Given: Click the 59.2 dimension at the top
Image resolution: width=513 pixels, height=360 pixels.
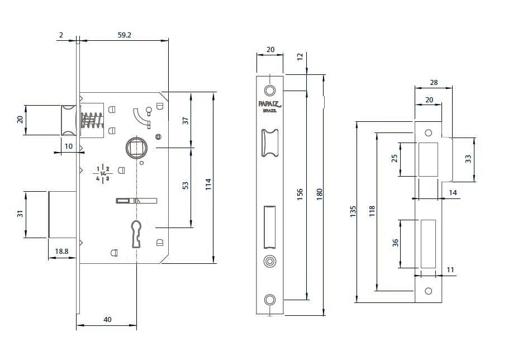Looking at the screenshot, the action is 124,35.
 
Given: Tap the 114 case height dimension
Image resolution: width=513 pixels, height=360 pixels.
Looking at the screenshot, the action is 208,184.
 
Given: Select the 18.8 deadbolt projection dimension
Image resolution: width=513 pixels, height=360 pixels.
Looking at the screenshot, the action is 61,252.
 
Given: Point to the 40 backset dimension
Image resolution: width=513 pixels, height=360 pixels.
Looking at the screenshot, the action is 107,319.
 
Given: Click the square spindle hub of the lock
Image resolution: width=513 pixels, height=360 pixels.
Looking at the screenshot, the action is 136,148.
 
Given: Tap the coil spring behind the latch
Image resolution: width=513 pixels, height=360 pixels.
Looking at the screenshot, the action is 92,120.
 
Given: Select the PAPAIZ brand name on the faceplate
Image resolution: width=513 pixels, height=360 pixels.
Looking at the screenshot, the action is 270,104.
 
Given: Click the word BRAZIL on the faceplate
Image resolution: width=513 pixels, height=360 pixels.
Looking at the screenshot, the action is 270,111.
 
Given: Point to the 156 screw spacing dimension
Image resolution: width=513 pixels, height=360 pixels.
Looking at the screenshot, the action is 300,195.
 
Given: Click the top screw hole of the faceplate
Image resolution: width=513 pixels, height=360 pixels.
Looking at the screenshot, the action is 270,91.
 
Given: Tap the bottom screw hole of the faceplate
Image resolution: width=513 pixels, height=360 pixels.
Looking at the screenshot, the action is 270,300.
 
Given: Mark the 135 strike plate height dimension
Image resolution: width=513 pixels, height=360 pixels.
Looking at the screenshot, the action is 353,211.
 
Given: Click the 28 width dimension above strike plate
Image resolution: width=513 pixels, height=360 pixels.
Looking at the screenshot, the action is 434,83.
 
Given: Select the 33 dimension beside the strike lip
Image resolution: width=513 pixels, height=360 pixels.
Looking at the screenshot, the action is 468,159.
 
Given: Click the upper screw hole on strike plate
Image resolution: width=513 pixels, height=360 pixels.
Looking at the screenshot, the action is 428,132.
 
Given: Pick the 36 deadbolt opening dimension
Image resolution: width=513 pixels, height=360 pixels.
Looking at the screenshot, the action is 395,243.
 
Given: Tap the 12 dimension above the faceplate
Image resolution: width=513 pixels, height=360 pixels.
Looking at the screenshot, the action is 300,56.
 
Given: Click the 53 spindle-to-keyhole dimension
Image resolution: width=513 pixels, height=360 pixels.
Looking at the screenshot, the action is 186,186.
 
